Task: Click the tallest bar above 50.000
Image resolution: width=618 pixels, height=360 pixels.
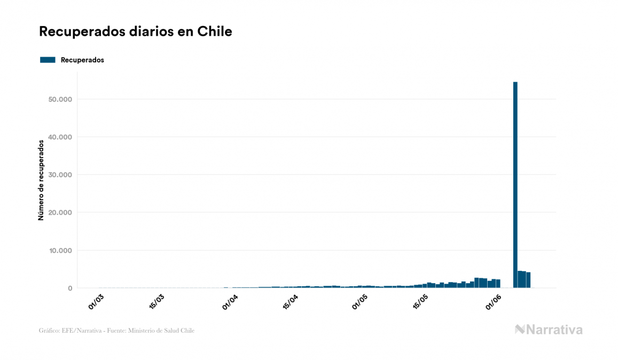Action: tap(515, 184)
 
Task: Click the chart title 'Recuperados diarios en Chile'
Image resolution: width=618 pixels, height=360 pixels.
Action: tap(135, 32)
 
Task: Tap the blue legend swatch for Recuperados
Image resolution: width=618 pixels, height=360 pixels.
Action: tap(48, 60)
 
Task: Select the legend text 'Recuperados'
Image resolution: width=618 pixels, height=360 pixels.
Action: tap(82, 60)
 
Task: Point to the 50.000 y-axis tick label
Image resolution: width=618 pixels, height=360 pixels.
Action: tap(59, 99)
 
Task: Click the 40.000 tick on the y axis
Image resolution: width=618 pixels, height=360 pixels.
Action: tap(59, 137)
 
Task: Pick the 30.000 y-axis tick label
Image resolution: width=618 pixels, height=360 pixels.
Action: tap(59, 175)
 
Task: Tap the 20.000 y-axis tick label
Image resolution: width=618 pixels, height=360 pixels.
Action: tap(59, 213)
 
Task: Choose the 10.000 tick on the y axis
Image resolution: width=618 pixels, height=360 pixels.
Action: tap(59, 251)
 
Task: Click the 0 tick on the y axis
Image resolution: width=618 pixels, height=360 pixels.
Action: tap(69, 288)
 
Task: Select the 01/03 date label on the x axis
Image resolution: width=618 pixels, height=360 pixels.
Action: tap(96, 300)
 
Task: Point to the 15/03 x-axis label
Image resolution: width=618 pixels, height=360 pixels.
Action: tap(157, 300)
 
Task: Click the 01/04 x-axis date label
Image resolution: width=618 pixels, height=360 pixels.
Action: tap(230, 300)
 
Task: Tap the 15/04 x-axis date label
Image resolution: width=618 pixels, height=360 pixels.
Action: tap(290, 300)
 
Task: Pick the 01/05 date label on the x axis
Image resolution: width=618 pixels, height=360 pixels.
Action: tap(361, 300)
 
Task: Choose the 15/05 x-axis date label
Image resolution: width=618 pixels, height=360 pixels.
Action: tap(421, 300)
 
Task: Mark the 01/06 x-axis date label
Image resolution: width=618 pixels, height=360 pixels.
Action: tap(493, 300)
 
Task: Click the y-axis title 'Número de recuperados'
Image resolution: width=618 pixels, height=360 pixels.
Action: tap(41, 180)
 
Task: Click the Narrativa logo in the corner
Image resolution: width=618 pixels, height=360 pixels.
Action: tap(549, 330)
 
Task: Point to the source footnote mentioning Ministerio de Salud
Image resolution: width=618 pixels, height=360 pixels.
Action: tap(116, 331)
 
